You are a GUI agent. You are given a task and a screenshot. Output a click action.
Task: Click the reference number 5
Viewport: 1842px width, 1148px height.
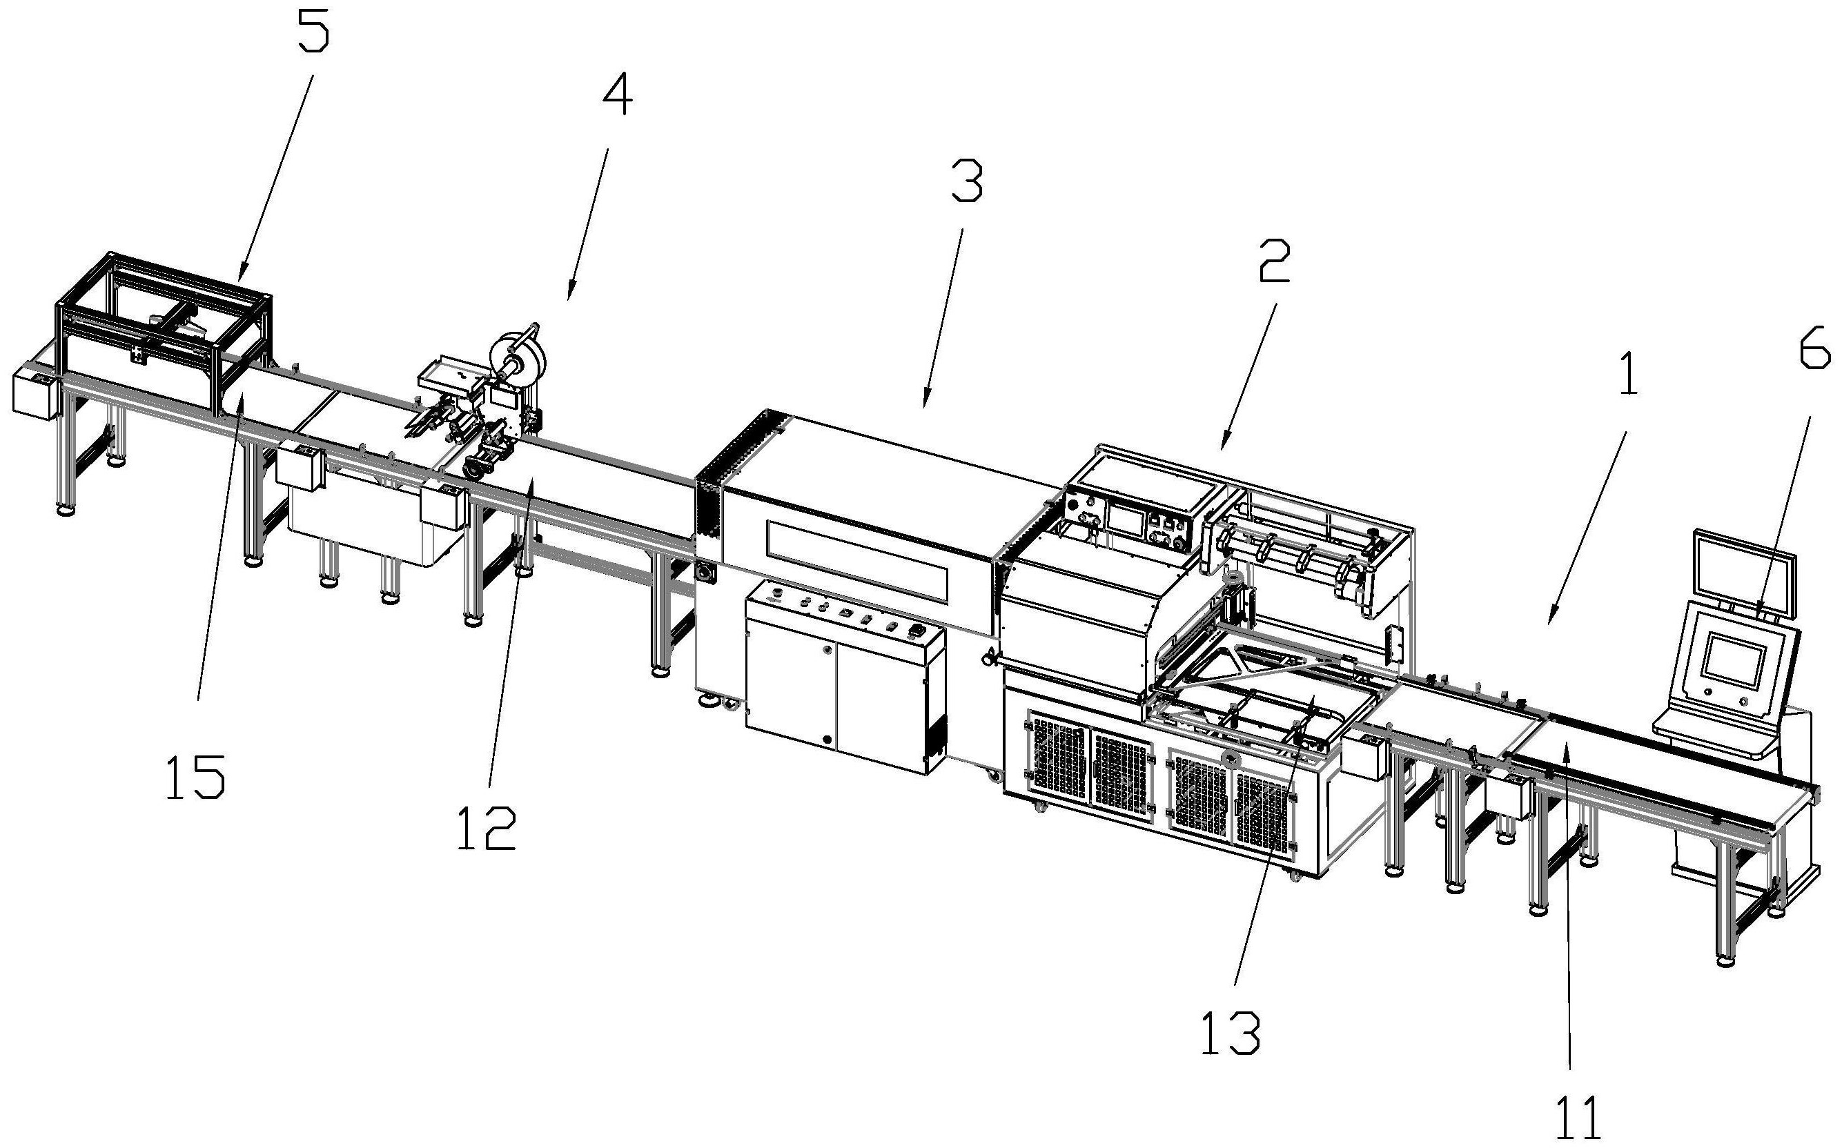(313, 30)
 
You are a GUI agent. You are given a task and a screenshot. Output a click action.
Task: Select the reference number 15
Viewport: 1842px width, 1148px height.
(195, 776)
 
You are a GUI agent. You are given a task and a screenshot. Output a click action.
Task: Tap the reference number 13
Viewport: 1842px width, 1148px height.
(1231, 1032)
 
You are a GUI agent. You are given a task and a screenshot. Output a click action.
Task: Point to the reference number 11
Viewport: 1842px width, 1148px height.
(1578, 1116)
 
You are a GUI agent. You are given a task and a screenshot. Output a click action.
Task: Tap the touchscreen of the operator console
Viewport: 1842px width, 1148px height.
(1734, 660)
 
